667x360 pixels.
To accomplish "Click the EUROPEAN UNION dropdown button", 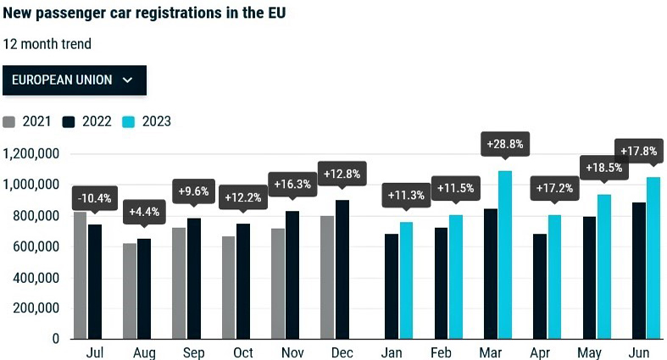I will tap(75, 80).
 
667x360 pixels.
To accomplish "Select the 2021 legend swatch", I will tap(9, 121).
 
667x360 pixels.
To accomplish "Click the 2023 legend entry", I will tap(147, 121).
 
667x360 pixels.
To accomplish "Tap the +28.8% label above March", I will tap(504, 144).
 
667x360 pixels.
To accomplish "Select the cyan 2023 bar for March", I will tap(505, 254).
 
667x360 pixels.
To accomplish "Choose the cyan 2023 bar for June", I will tap(653, 258).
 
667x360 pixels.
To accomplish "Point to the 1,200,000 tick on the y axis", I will tap(31, 154).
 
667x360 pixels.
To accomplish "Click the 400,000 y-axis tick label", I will tap(35, 277).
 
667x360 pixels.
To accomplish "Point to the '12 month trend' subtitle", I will tap(47, 44).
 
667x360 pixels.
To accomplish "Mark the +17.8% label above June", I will tap(638, 151).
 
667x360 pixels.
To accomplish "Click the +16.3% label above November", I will tap(292, 184).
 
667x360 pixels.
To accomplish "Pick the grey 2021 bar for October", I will tap(229, 287).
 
